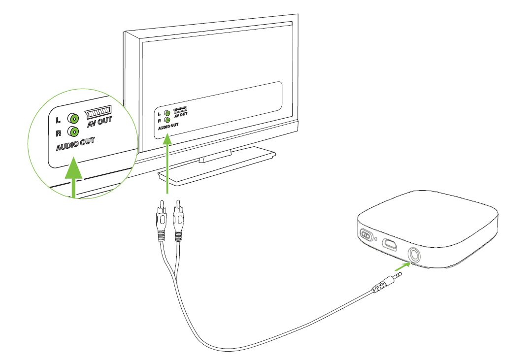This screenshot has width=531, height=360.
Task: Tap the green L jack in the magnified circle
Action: click(74, 119)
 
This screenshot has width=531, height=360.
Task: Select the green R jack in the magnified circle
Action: click(74, 131)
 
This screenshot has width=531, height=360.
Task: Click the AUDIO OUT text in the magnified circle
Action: click(75, 145)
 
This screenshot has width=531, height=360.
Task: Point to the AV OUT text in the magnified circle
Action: click(100, 121)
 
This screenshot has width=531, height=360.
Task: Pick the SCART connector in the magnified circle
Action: click(98, 111)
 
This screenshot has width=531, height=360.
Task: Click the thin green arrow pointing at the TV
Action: click(168, 163)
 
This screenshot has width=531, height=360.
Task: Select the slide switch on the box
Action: click(365, 235)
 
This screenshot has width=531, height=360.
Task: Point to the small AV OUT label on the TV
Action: click(181, 114)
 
